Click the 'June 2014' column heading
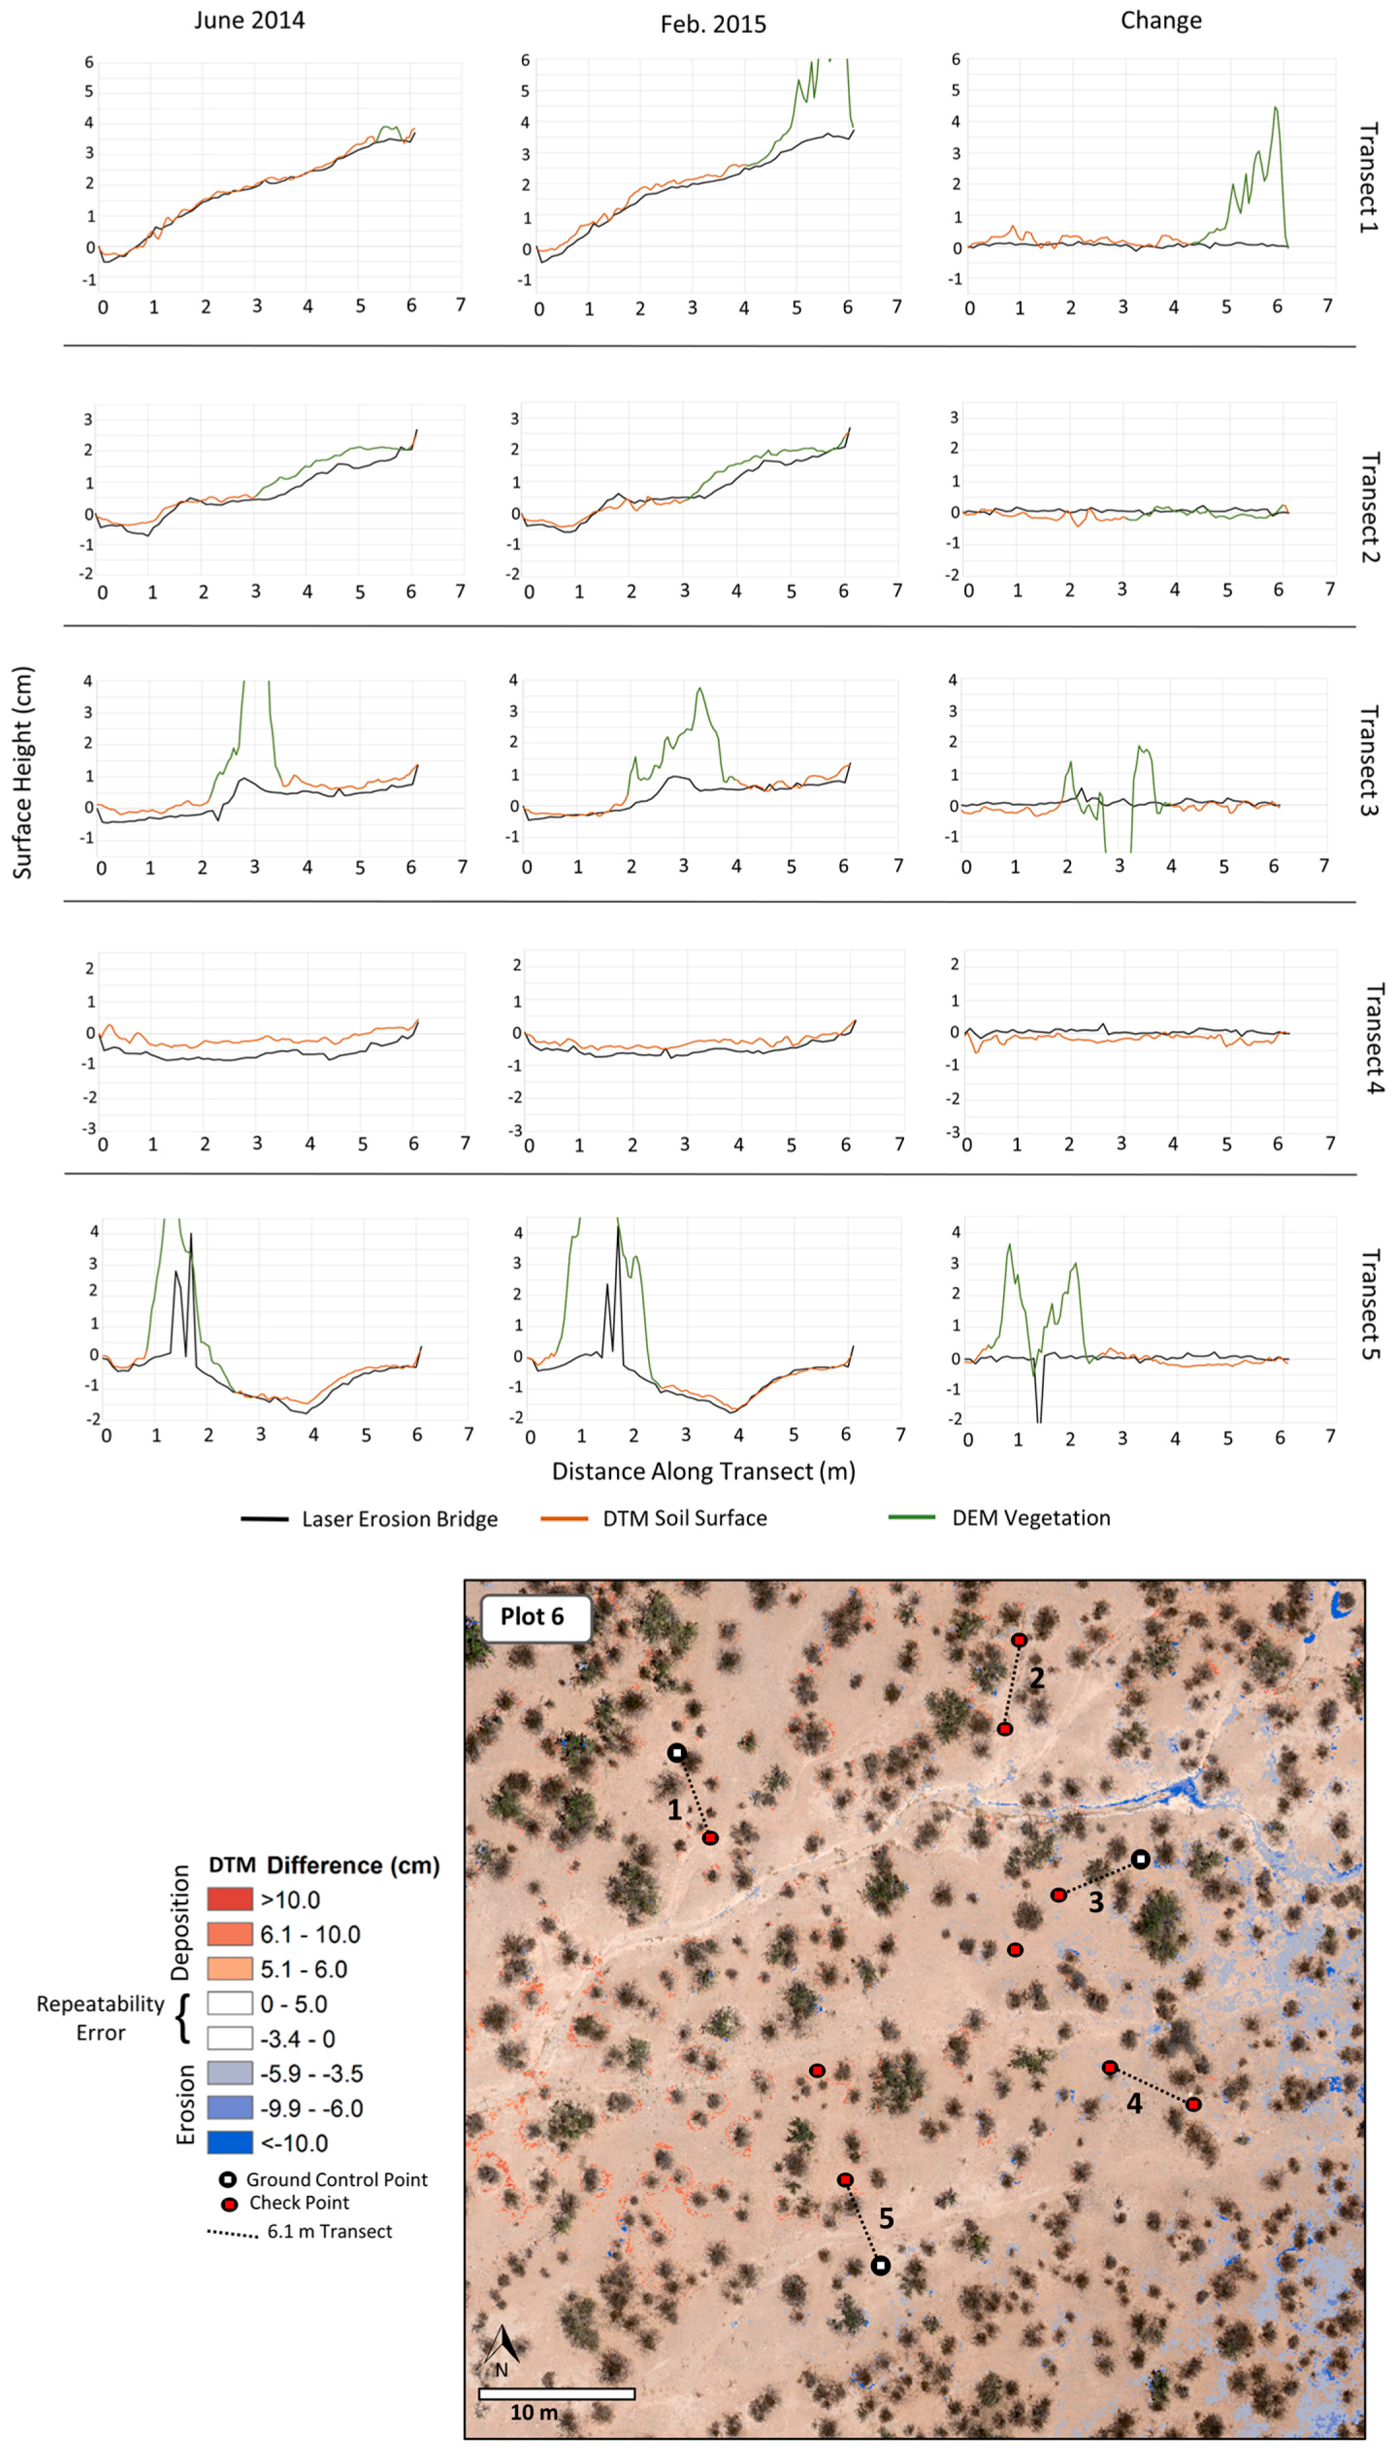(x=249, y=20)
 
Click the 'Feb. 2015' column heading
(x=713, y=24)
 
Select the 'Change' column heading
(x=1160, y=20)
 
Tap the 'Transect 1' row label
(x=1369, y=177)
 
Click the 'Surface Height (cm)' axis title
(x=23, y=772)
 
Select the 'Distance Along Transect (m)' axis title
(x=703, y=1471)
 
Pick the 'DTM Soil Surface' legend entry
(x=684, y=1518)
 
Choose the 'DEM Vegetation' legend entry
(x=1030, y=1518)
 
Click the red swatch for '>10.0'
(x=230, y=1899)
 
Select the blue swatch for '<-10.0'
(x=230, y=2143)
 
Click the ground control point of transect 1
(x=676, y=1753)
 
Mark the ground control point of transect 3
(x=1140, y=1859)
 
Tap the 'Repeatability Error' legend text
(x=101, y=2018)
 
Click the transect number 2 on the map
(x=1037, y=1677)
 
